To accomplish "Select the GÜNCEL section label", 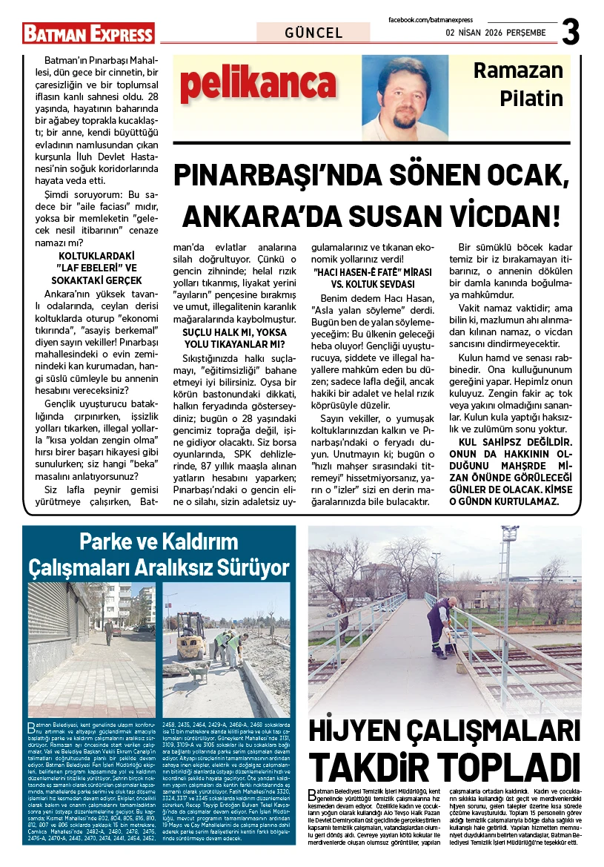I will [313, 33].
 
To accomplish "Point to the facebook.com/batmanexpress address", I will [430, 19].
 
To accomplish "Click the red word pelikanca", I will [257, 84].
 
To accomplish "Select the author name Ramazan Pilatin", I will [518, 85].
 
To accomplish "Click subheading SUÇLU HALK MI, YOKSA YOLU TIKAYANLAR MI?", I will [234, 338].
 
